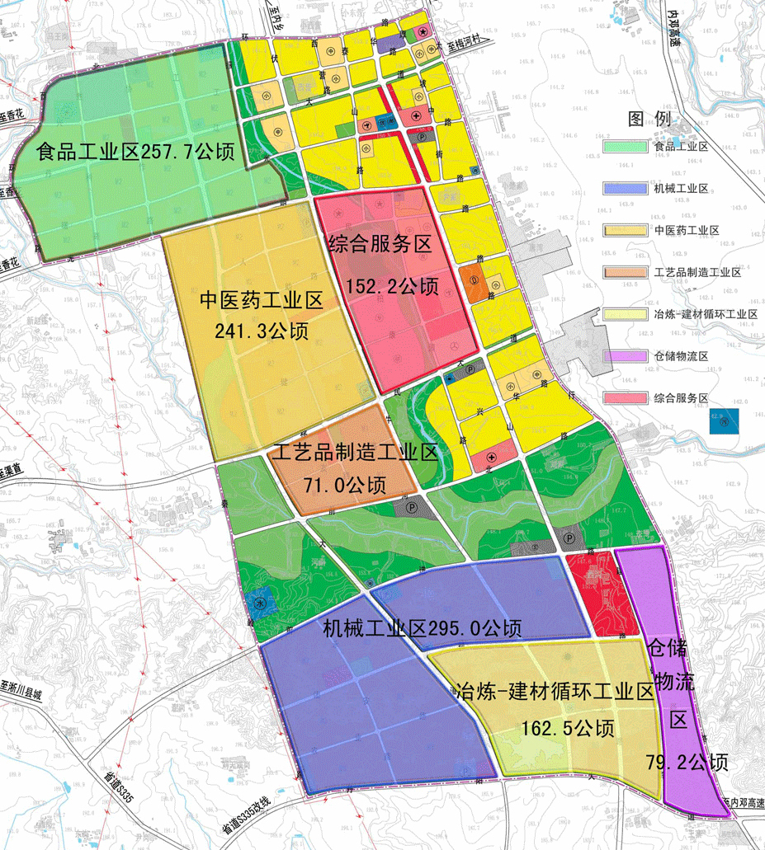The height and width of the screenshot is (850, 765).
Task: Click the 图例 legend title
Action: (648, 119)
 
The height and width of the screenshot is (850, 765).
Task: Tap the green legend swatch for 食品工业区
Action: (626, 147)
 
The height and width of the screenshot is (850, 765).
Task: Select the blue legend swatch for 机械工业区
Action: (626, 189)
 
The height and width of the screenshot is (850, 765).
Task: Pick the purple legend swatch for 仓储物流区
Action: (626, 356)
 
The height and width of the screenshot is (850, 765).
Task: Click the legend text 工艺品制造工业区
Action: (697, 272)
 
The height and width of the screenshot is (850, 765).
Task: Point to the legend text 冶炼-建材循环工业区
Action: (705, 314)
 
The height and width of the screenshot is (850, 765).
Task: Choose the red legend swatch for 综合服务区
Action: (626, 398)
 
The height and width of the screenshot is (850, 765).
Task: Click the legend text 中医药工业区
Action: (685, 230)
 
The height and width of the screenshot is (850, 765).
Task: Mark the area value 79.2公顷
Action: (689, 762)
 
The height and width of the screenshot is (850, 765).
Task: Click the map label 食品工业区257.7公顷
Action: (135, 152)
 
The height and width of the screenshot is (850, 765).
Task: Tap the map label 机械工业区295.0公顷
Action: (422, 628)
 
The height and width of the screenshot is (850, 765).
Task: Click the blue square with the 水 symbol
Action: (260, 602)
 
